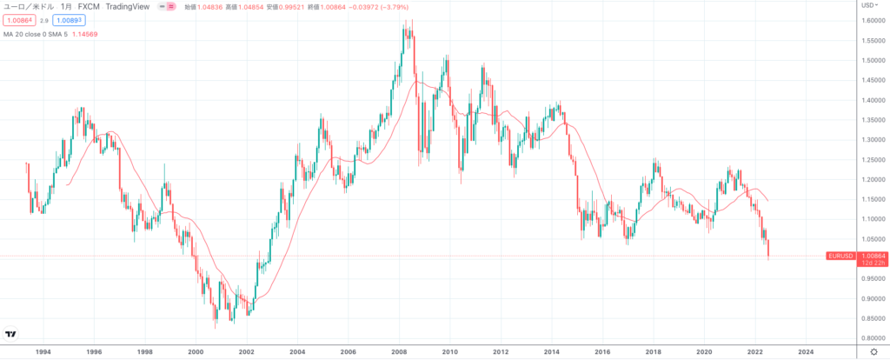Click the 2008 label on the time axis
(x=399, y=351)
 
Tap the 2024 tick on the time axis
(x=806, y=351)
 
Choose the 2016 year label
(x=602, y=351)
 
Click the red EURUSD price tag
(x=840, y=256)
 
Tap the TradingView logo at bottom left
(x=11, y=333)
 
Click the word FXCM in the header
(x=90, y=6)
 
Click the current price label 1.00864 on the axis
(x=872, y=256)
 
